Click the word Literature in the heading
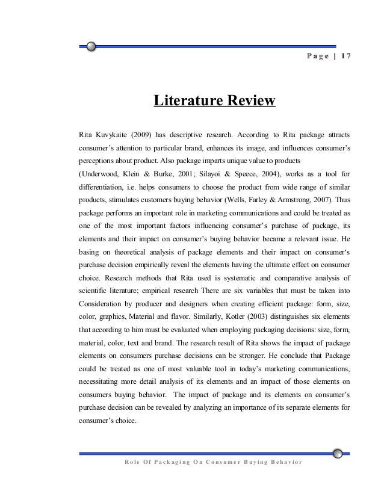click(187, 100)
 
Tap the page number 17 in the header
click(345, 57)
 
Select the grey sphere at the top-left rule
click(90, 46)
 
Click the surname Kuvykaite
click(111, 132)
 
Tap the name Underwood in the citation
click(102, 174)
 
